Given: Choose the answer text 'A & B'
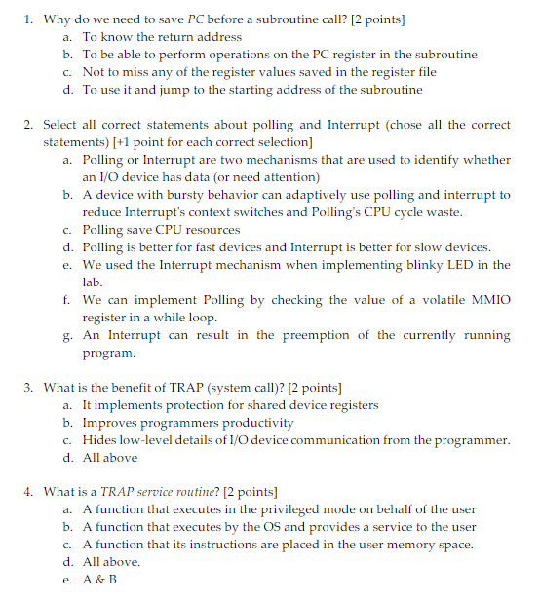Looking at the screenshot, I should tap(99, 580).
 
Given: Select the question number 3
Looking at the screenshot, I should tap(29, 388).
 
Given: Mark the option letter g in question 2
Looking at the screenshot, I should tap(66, 335).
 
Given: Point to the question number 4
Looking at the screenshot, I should tap(29, 492).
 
